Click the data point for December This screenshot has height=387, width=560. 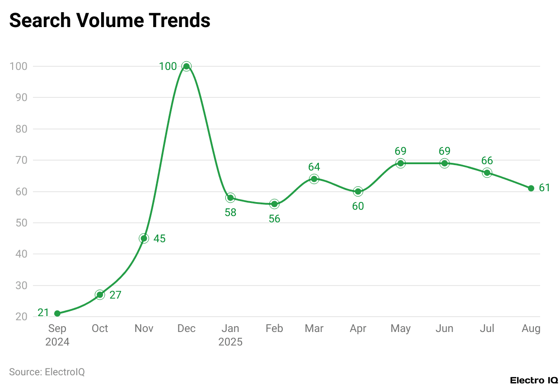(x=186, y=66)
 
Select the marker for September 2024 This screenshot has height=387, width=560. (x=57, y=313)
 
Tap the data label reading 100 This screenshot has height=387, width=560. (x=168, y=66)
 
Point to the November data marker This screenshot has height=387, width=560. (x=144, y=238)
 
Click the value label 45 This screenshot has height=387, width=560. (x=159, y=239)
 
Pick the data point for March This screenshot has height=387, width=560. (x=314, y=179)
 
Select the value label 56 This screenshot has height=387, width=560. (x=274, y=219)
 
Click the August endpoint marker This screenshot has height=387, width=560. (x=531, y=188)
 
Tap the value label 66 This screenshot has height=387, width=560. (x=487, y=161)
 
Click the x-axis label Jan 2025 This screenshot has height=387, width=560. (x=230, y=335)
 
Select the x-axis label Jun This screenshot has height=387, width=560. (x=444, y=328)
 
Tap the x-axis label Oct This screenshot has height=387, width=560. (x=100, y=328)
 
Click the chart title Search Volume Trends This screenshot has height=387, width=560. (x=110, y=21)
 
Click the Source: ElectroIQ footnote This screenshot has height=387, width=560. (x=47, y=372)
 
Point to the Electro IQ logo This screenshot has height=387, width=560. (x=534, y=380)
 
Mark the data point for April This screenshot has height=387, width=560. (x=358, y=191)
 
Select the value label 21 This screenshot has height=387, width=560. (x=43, y=313)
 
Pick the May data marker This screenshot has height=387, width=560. (x=400, y=163)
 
